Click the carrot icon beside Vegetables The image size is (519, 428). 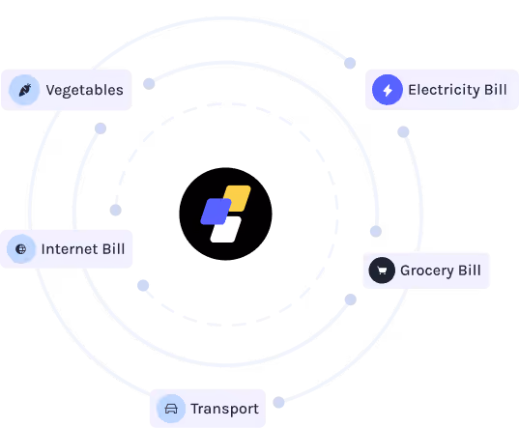point(25,90)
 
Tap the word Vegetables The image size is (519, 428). point(85,90)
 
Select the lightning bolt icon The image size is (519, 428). point(388,90)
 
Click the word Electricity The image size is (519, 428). point(444,90)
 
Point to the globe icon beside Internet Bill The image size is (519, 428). point(21,249)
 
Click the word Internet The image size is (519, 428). point(70,249)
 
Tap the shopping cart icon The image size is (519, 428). point(382,271)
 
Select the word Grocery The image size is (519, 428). point(426,271)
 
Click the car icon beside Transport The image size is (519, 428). point(171,409)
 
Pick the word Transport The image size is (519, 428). point(225,409)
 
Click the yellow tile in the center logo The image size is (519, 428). point(238,198)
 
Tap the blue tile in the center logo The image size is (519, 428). point(216,212)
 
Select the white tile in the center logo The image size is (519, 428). point(226,229)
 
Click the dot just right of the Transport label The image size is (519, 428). point(278,402)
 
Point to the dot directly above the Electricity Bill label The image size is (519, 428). point(350,63)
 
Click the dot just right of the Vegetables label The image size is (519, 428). point(149,84)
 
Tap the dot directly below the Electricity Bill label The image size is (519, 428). point(403,132)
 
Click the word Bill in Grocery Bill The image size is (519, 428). point(470,271)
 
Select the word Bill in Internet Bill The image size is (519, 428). point(113,249)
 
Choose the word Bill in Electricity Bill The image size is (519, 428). point(496,90)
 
